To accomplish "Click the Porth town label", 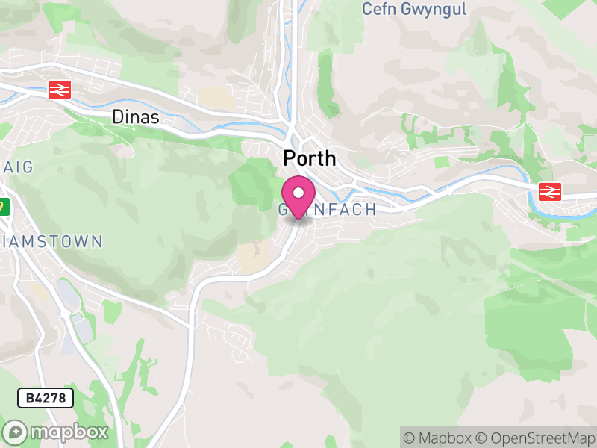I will (x=309, y=158).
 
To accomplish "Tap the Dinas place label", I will (x=136, y=117).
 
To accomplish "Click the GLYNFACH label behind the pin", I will (x=328, y=210).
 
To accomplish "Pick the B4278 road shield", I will (x=46, y=398).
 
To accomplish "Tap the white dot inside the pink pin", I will (x=298, y=193).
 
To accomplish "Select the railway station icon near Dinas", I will (x=59, y=90).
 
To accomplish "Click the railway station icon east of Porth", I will (x=550, y=192).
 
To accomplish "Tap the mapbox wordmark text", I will (x=69, y=432).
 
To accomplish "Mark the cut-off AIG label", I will (x=16, y=167).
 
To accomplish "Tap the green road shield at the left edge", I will (x=4, y=207).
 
